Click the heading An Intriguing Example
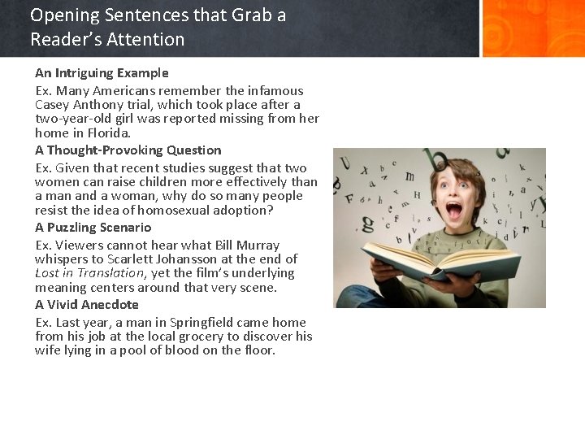pos(102,73)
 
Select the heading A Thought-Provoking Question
pos(128,150)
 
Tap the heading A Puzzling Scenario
pos(93,228)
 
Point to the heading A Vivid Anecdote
pos(86,305)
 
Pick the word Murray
pos(258,246)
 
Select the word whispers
pos(62,259)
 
